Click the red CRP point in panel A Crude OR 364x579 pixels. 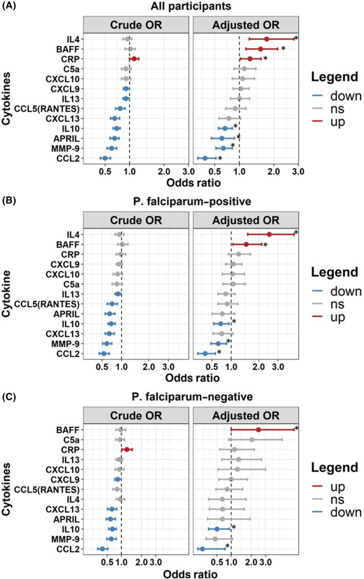134,59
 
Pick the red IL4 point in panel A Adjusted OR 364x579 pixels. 266,39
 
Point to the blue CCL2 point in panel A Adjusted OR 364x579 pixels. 205,158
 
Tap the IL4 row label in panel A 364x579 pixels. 73,39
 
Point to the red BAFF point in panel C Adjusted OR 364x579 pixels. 259,429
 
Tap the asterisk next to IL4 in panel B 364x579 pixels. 296,233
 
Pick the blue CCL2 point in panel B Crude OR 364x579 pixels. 104,353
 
